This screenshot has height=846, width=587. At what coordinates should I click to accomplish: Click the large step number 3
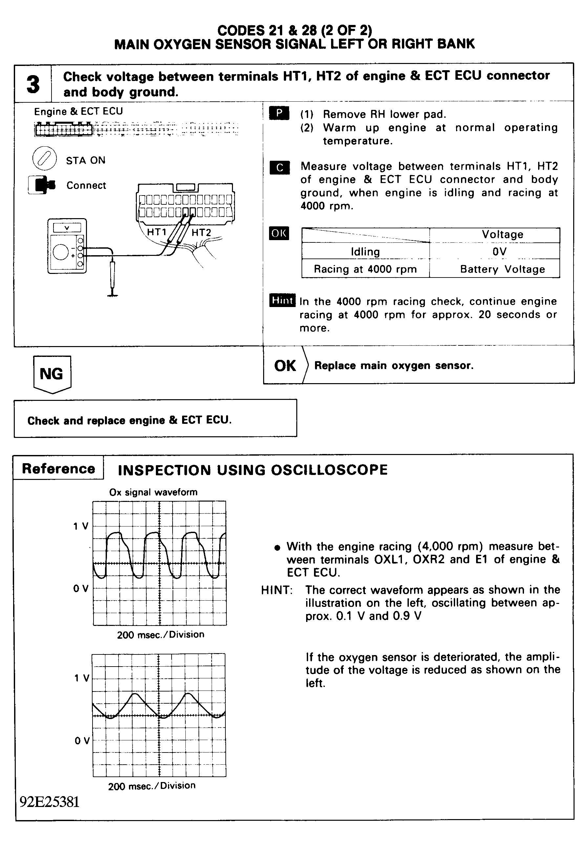[x=33, y=84]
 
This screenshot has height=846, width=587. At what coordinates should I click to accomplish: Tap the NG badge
[x=52, y=374]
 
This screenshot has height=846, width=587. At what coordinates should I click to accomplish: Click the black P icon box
[x=279, y=113]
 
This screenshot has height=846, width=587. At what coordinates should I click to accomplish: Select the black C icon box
[x=280, y=168]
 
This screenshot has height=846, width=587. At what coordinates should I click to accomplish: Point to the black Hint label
[x=282, y=300]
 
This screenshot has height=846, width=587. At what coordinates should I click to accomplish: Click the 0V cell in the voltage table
[x=499, y=252]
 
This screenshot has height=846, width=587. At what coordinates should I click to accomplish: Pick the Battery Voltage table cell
[x=502, y=269]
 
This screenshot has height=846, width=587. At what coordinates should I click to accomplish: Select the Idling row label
[x=365, y=252]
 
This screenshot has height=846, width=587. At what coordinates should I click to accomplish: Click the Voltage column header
[x=502, y=235]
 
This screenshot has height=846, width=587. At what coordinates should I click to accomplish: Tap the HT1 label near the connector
[x=157, y=232]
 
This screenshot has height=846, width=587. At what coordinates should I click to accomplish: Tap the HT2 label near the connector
[x=201, y=232]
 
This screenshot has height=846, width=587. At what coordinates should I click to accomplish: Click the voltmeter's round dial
[x=61, y=252]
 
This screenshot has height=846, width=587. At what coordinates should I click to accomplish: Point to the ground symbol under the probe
[x=113, y=294]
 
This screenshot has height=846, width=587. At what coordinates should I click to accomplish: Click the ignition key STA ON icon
[x=44, y=159]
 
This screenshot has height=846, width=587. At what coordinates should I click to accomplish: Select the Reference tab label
[x=58, y=469]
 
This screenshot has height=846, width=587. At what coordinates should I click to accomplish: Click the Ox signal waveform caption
[x=153, y=492]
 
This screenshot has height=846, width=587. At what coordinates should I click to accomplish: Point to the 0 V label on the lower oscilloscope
[x=82, y=740]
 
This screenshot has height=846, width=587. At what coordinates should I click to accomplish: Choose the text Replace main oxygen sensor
[x=393, y=365]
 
